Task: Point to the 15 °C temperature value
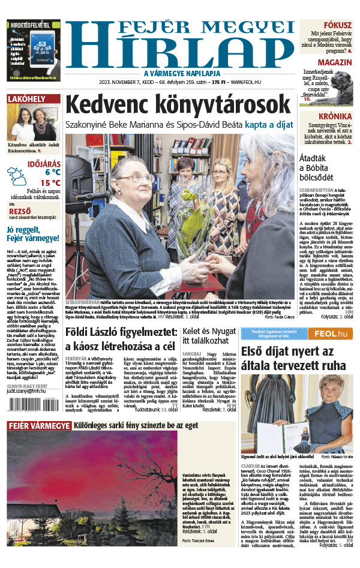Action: pyautogui.click(x=50, y=182)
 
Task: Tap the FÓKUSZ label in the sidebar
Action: pyautogui.click(x=340, y=25)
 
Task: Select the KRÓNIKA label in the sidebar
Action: pyautogui.click(x=336, y=116)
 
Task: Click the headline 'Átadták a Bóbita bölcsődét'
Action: pyautogui.click(x=324, y=165)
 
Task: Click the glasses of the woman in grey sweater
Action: pyautogui.click(x=144, y=179)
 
